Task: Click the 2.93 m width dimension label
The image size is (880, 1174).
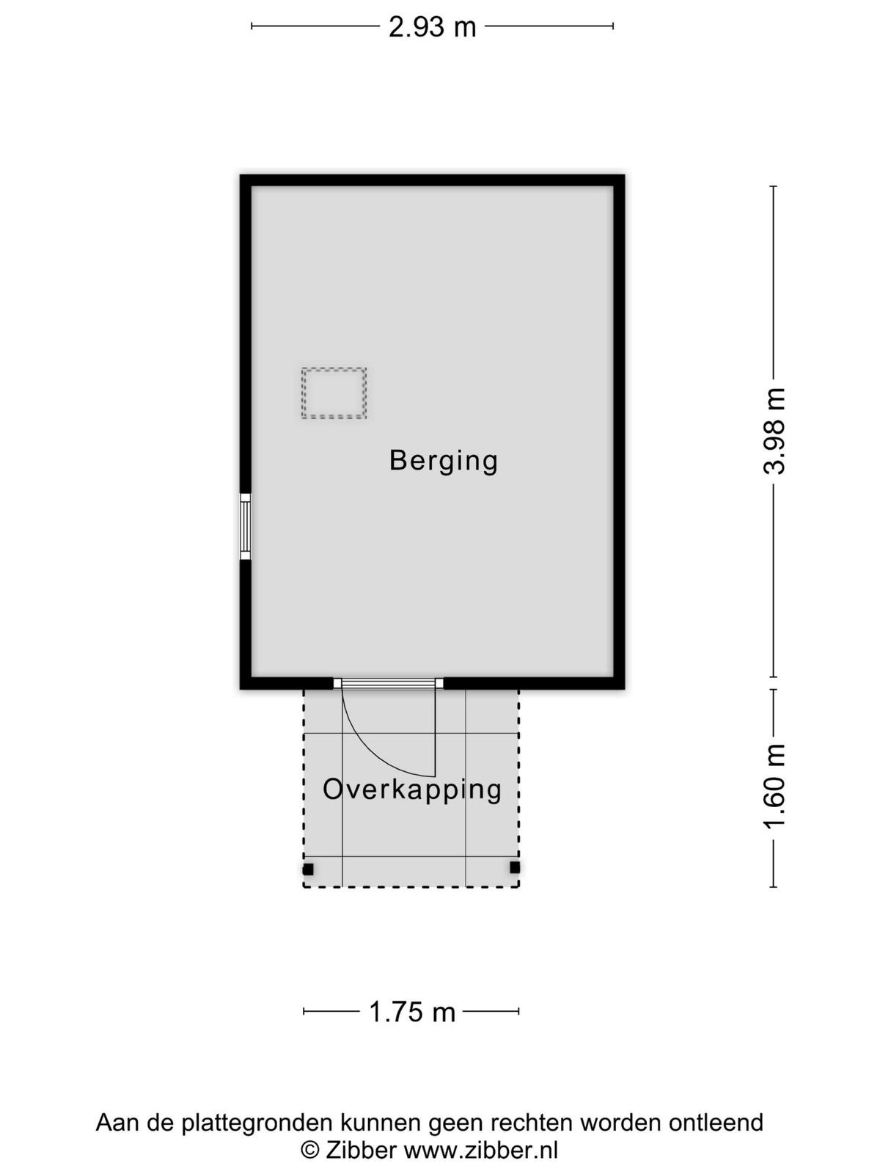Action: [x=432, y=26]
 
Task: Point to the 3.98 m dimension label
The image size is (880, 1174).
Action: [x=774, y=431]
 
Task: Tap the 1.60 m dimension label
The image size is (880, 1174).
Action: [x=774, y=786]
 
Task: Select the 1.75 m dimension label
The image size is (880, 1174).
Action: [x=412, y=1012]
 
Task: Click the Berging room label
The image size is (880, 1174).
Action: [x=444, y=462]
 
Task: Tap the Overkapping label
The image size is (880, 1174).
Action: [x=412, y=791]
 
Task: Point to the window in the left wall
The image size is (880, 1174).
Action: [x=245, y=527]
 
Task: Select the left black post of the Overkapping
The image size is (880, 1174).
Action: [x=308, y=869]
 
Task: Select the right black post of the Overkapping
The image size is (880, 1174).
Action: [x=515, y=867]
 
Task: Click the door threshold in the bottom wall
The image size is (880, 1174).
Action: [x=389, y=683]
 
